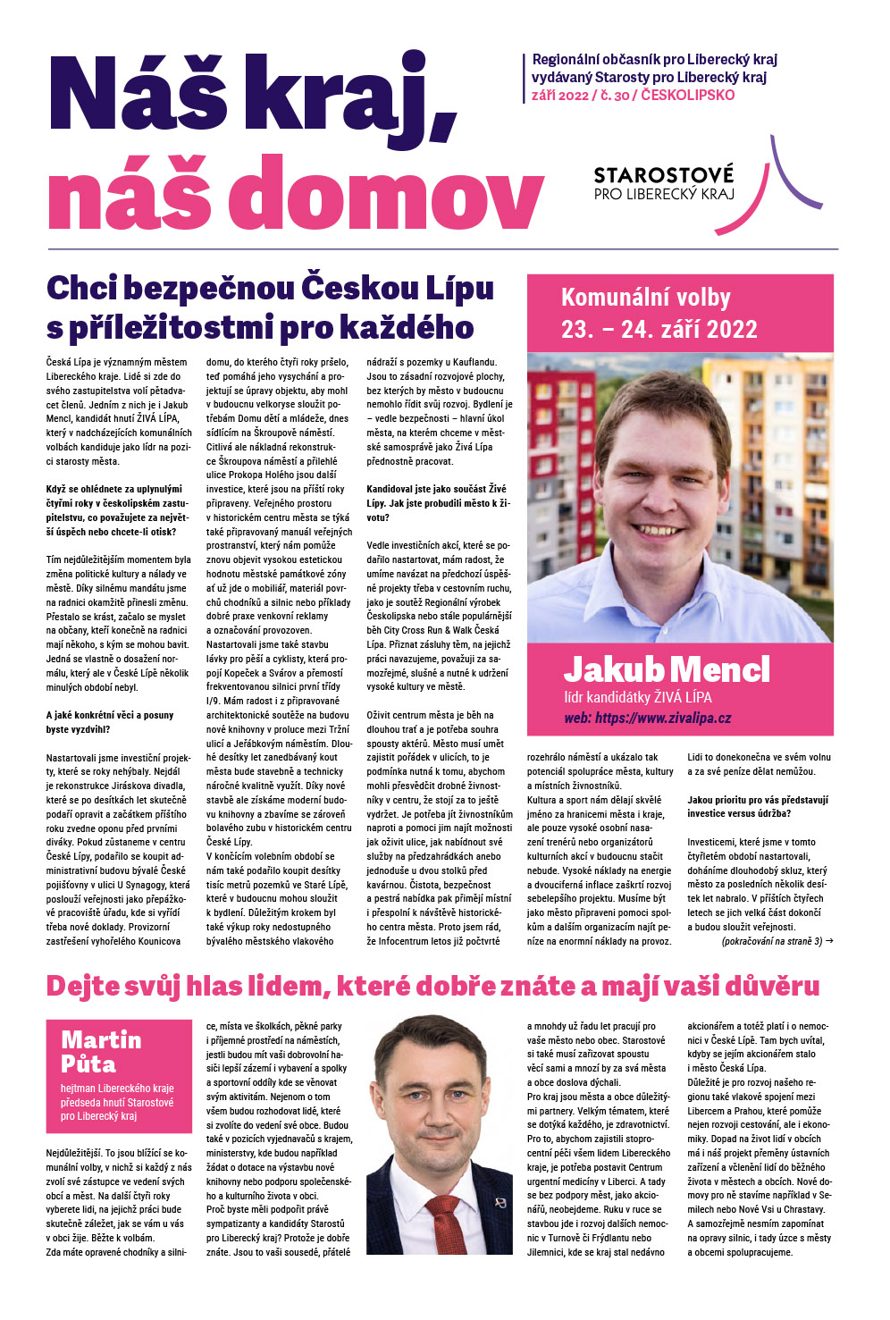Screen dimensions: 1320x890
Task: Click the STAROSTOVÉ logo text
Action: pos(663,173)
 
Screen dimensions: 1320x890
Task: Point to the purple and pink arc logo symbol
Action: pos(791,173)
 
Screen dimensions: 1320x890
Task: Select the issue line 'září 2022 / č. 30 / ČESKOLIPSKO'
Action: pos(633,95)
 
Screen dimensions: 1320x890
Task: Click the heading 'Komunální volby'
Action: pos(645,298)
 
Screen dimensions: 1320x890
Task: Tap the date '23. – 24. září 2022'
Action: pos(659,330)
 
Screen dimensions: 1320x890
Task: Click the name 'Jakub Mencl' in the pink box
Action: pos(666,669)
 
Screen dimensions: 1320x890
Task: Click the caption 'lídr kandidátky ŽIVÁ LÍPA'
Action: pos(637,697)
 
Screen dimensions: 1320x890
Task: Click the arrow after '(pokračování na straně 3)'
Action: pos(828,941)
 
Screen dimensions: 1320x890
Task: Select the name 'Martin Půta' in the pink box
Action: pos(101,1051)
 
